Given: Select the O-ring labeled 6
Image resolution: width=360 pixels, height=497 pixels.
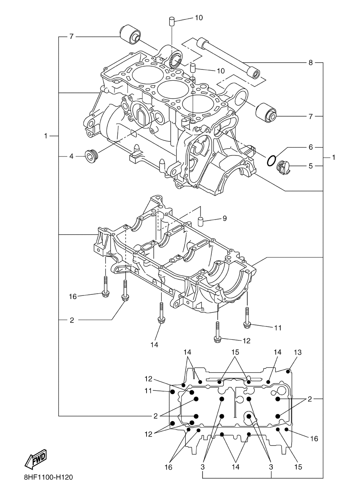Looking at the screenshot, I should coord(272,160).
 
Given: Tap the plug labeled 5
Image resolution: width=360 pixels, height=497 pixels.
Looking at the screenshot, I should coord(283,167).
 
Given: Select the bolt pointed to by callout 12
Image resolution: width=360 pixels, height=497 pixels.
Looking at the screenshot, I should coord(217,331).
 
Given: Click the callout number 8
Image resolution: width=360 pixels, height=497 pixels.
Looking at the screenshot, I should coord(310,63).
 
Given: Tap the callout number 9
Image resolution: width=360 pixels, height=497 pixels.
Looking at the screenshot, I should coord(224,218).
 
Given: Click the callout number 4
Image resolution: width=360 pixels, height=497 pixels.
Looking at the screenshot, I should coord(71,156).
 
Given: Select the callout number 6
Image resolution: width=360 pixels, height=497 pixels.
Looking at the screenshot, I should coord(310,147).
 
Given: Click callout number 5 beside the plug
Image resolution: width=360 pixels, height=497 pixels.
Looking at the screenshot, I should coord(310,166).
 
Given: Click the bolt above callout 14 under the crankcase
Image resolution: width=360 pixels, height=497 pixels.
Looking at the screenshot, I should coord(160,313).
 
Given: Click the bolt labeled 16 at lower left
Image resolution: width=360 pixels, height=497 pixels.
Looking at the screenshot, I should coord(105,288).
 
